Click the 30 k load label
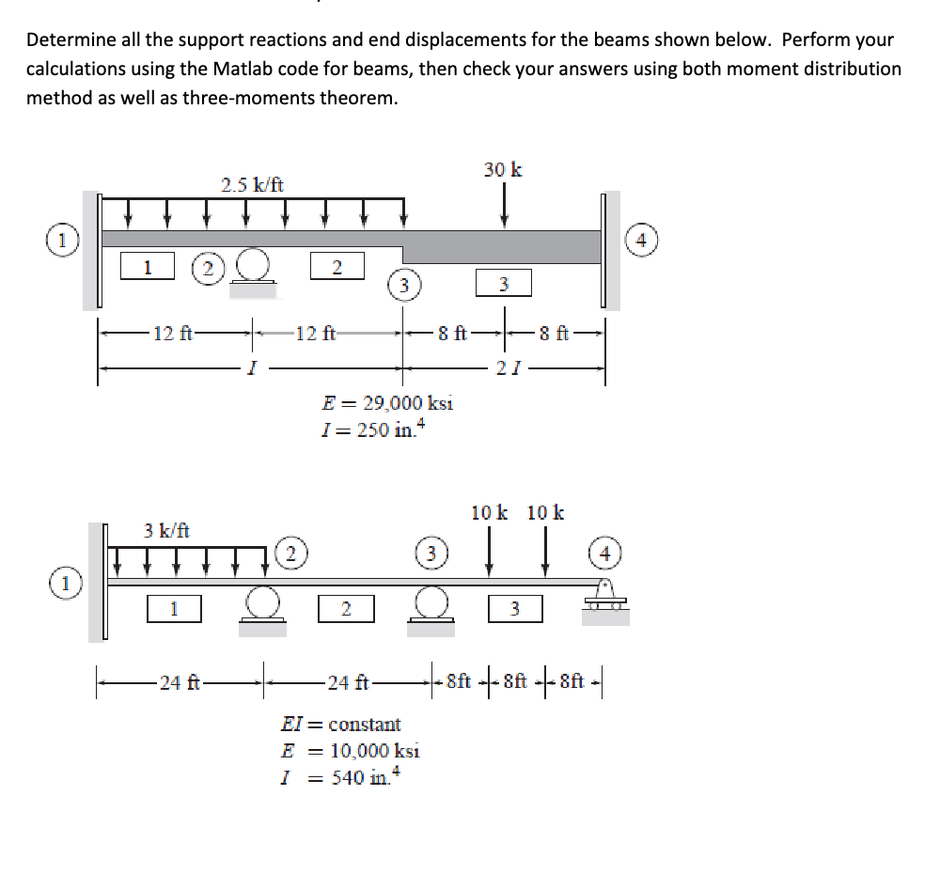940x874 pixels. pos(504,170)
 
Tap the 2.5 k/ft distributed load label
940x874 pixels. pos(251,184)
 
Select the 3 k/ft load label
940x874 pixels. pos(166,530)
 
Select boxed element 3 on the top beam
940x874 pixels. pos(503,282)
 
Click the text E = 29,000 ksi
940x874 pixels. pos(387,403)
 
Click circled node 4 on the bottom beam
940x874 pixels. pos(604,554)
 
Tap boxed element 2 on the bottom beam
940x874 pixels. pos(345,609)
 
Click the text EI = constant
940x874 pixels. pos(341,725)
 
